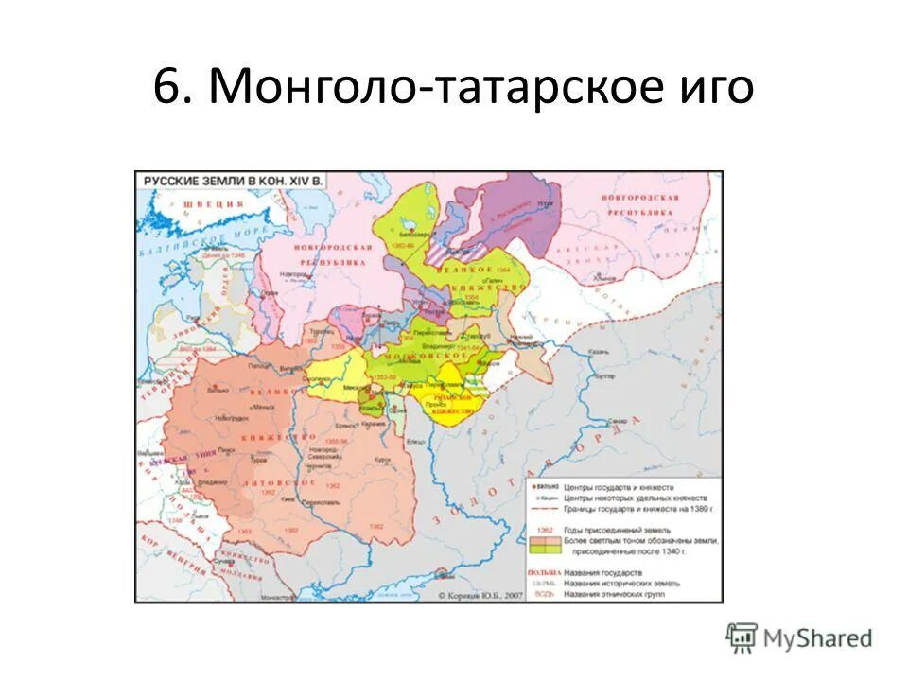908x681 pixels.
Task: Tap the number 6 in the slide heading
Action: click(x=167, y=88)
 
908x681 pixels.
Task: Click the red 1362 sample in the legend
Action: click(x=543, y=532)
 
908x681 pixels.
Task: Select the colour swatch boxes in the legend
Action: click(x=544, y=546)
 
